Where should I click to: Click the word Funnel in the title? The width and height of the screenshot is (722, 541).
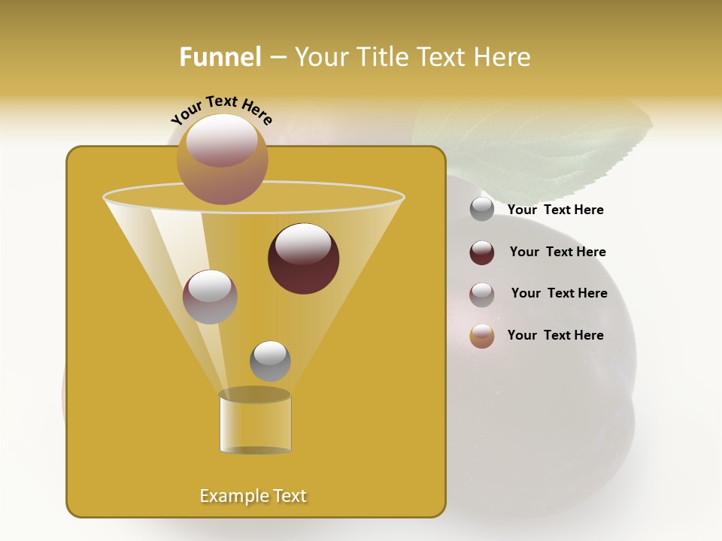(x=220, y=57)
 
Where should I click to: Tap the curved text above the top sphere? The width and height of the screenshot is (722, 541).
(x=222, y=109)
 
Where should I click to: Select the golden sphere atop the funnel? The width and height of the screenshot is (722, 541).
(x=222, y=159)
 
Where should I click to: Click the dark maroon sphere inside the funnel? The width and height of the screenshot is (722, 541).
(x=303, y=258)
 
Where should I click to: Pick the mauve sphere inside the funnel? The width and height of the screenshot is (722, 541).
(x=210, y=297)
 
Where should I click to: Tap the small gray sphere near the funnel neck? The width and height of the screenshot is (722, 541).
(x=270, y=361)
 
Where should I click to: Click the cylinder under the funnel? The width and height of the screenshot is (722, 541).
(x=255, y=425)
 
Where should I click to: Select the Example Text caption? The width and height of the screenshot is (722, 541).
(x=253, y=496)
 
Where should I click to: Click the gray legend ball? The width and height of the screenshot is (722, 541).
(x=482, y=210)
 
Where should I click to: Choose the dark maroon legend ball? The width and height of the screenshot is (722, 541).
(x=482, y=252)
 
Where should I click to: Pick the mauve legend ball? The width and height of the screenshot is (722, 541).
(x=482, y=295)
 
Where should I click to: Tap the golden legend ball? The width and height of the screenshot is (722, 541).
(x=482, y=336)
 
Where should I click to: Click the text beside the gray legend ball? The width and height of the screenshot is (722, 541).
(x=555, y=210)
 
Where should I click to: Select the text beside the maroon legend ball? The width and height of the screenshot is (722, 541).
(x=557, y=252)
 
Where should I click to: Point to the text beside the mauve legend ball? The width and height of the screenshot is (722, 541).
(x=559, y=293)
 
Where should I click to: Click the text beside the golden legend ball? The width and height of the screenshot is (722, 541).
(x=555, y=335)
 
